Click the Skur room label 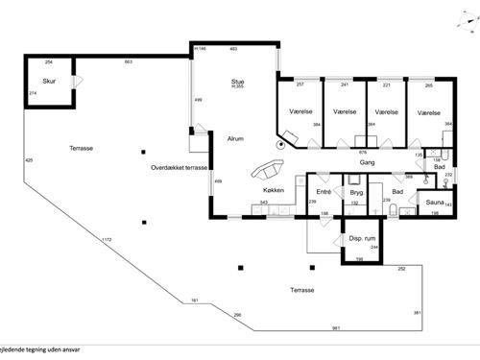coord(48,82)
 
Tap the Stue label coord(237,82)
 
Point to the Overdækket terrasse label coord(180,167)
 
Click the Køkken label coord(274,190)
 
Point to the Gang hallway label coord(367,162)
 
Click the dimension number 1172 coord(108,239)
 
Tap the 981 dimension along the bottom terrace coord(336,328)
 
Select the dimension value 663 coord(129,61)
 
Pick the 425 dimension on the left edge coord(29,159)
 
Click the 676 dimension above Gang coord(363,152)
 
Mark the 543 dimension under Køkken coord(264,203)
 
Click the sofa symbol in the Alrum coord(266,171)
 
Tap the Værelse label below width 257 coord(300,112)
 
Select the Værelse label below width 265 coord(429,112)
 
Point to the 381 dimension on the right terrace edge coord(417,313)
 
